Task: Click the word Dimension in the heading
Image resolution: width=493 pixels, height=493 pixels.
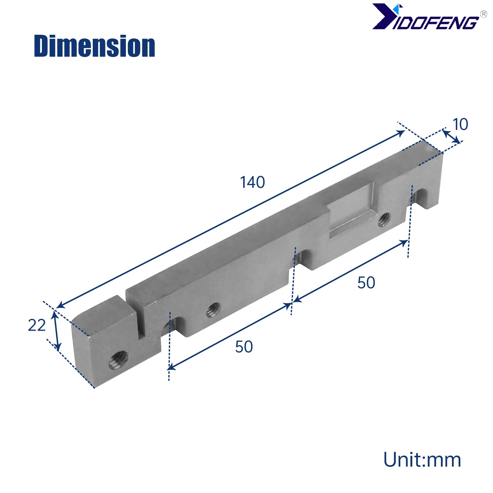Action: click(x=94, y=46)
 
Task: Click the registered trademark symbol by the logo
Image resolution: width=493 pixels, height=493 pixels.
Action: click(x=483, y=14)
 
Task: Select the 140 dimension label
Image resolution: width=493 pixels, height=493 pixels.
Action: click(x=252, y=182)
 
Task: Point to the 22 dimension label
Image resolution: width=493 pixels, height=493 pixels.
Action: click(x=37, y=325)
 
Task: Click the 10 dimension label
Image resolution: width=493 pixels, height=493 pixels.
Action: click(x=460, y=124)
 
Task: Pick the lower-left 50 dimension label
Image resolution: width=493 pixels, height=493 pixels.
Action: click(x=244, y=347)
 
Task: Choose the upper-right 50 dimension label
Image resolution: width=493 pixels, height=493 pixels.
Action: click(x=366, y=283)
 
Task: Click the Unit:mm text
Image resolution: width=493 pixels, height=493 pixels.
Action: click(x=422, y=460)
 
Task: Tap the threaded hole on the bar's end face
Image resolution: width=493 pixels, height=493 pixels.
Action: click(x=119, y=360)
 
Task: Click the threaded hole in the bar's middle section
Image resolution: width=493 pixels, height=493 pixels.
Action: click(x=213, y=310)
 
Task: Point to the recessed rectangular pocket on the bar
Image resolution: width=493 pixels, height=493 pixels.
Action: click(x=351, y=213)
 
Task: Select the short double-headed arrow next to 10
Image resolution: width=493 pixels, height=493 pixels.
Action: click(x=451, y=136)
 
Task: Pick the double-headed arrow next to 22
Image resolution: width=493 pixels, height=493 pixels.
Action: click(x=56, y=331)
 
